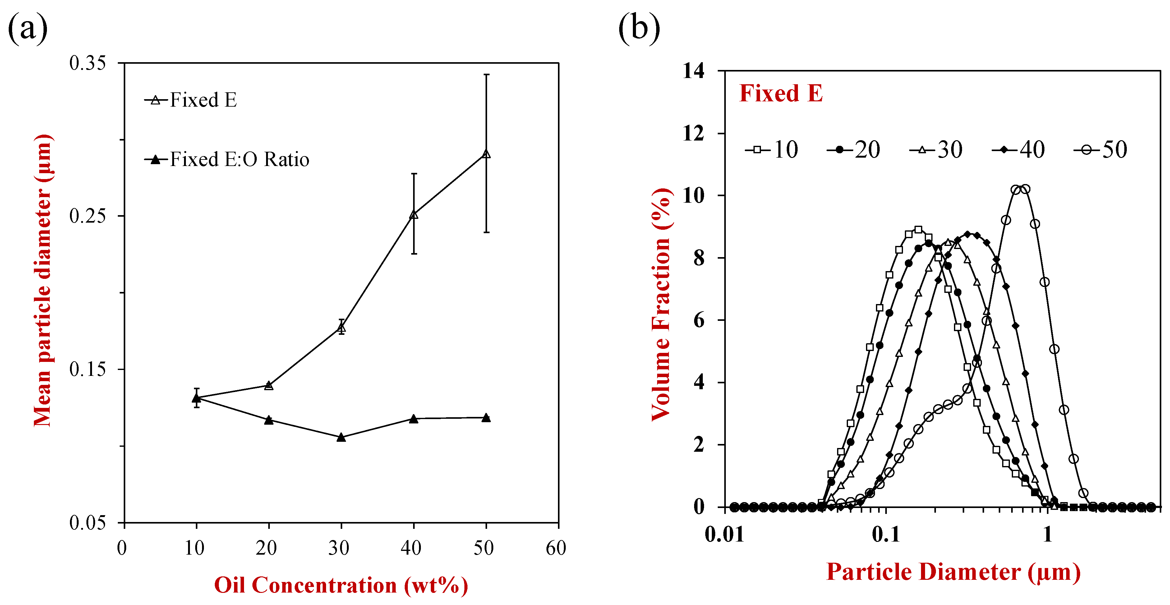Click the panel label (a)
pyautogui.click(x=27, y=28)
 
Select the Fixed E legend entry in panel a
pyautogui.click(x=191, y=100)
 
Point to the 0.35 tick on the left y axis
pyautogui.click(x=87, y=63)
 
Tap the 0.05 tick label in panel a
pyautogui.click(x=87, y=523)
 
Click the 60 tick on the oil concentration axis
pyautogui.click(x=556, y=548)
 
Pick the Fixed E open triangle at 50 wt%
pyautogui.click(x=486, y=154)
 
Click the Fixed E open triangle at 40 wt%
pyautogui.click(x=414, y=215)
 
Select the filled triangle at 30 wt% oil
pyautogui.click(x=341, y=437)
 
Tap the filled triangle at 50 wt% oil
pyautogui.click(x=486, y=418)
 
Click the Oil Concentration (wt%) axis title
pyautogui.click(x=341, y=585)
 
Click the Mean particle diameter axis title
pyautogui.click(x=44, y=281)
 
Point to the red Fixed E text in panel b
pyautogui.click(x=781, y=94)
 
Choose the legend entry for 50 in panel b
pyautogui.click(x=1100, y=150)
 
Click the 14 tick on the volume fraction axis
pyautogui.click(x=693, y=71)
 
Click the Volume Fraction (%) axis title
pyautogui.click(x=661, y=304)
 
